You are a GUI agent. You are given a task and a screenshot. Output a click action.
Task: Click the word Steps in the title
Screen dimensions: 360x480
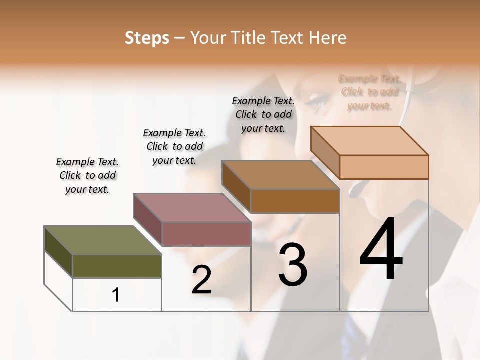pos(147,38)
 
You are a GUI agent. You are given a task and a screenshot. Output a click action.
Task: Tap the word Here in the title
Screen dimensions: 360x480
pos(328,38)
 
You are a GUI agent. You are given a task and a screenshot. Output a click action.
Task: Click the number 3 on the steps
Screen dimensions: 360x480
pos(292,265)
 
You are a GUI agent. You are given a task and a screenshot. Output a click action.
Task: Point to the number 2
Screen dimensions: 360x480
pos(201,280)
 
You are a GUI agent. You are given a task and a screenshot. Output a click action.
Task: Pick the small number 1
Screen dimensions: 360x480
pos(116,295)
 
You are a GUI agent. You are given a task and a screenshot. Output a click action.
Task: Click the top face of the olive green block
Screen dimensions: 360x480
pos(103,240)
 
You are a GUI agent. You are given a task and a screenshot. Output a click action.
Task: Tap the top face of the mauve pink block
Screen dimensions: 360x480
pos(192,207)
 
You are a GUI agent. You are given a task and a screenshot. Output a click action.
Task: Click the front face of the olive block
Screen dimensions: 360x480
pos(117,266)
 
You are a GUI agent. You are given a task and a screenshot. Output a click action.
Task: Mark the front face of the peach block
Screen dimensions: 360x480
pos(384,167)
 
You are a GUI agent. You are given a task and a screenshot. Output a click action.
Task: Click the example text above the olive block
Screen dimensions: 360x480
pos(87,175)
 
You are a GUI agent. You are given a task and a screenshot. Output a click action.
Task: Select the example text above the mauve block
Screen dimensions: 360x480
pos(174,146)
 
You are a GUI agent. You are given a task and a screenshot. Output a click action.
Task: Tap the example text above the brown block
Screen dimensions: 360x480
pos(263,114)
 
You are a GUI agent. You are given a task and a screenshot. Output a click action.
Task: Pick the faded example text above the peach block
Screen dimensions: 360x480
pos(370,92)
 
